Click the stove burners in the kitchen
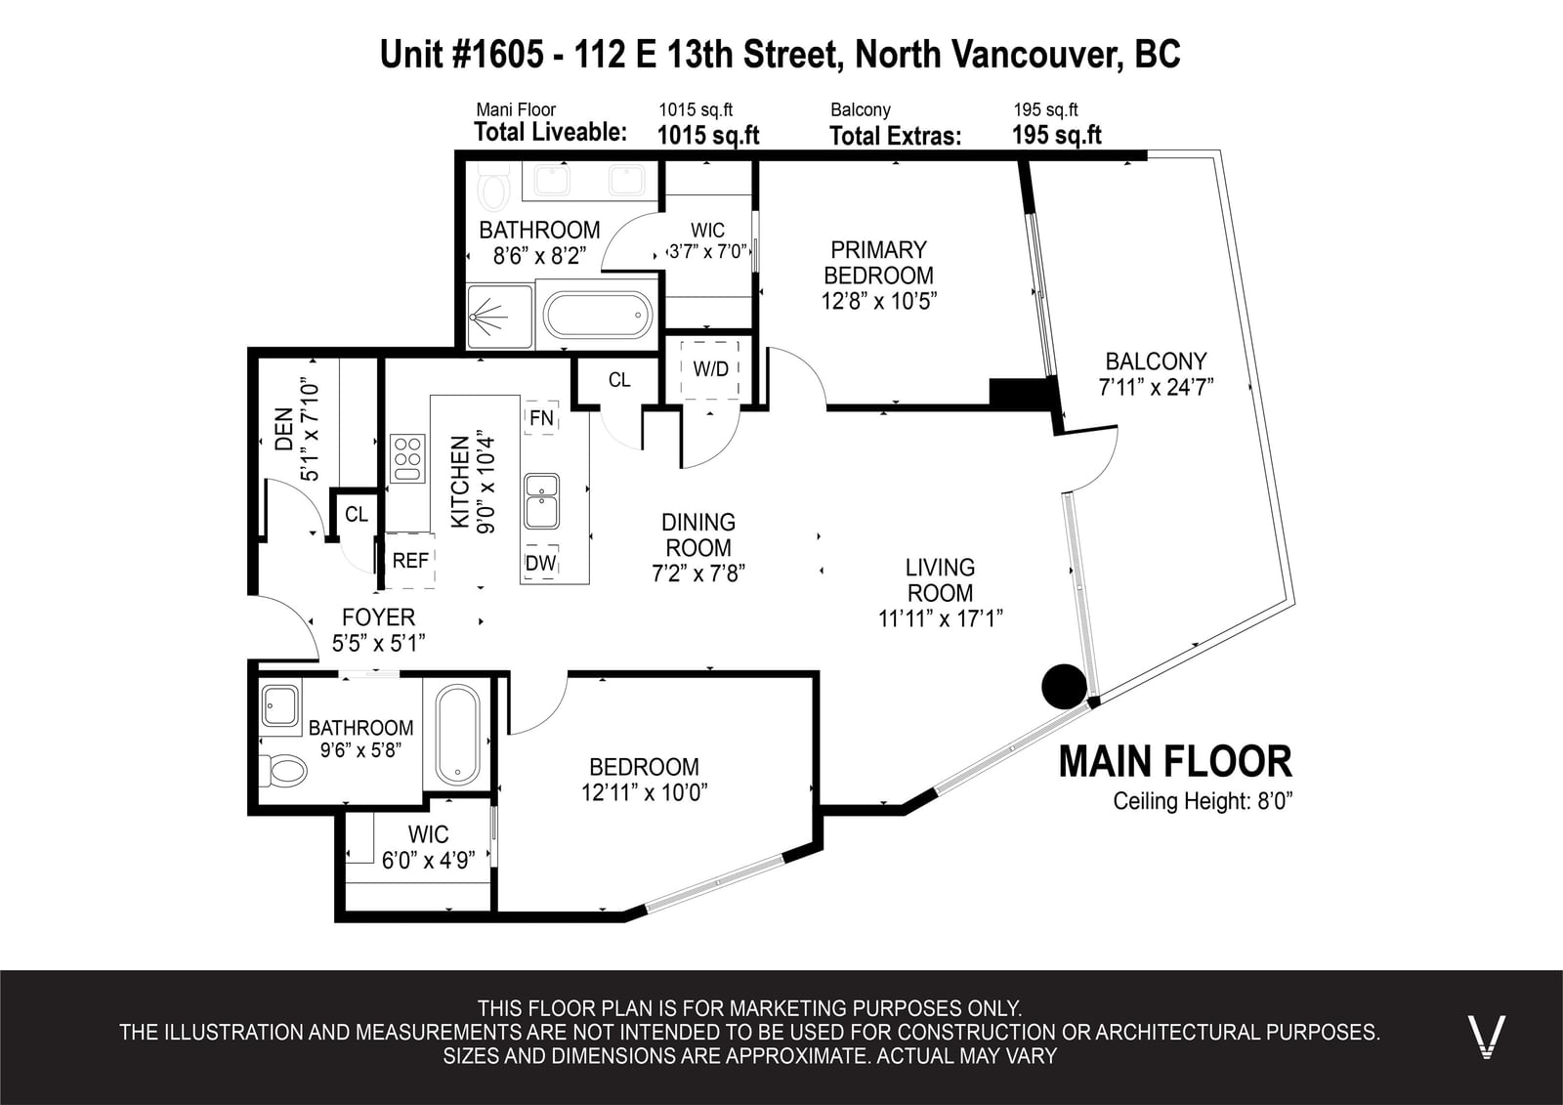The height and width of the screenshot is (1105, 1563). pyautogui.click(x=407, y=458)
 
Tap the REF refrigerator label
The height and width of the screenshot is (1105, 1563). pyautogui.click(x=410, y=561)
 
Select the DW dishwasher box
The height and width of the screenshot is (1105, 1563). pyautogui.click(x=541, y=563)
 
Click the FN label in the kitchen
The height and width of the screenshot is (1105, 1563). pyautogui.click(x=541, y=417)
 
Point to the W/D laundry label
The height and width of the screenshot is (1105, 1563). pyautogui.click(x=710, y=369)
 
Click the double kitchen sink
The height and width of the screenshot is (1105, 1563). pyautogui.click(x=541, y=501)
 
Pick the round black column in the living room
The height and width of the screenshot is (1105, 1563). pyautogui.click(x=1064, y=686)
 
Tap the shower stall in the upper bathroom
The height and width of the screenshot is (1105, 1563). pyautogui.click(x=499, y=317)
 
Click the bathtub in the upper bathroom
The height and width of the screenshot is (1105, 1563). pyautogui.click(x=598, y=316)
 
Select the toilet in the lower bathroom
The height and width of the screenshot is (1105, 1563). pyautogui.click(x=284, y=771)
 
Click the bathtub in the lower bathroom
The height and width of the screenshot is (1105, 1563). pyautogui.click(x=458, y=735)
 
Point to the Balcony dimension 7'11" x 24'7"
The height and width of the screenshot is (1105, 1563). pyautogui.click(x=1157, y=387)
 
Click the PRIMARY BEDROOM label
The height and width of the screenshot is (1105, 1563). pyautogui.click(x=878, y=263)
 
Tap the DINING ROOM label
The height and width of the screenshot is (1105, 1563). pyautogui.click(x=698, y=534)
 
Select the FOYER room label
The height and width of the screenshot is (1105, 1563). pyautogui.click(x=378, y=617)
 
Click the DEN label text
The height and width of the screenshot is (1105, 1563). pyautogui.click(x=283, y=429)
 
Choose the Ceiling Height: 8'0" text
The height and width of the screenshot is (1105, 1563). pyautogui.click(x=1203, y=800)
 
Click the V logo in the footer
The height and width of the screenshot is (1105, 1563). pyautogui.click(x=1486, y=1037)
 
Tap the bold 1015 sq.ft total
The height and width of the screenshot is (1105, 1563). pyautogui.click(x=708, y=135)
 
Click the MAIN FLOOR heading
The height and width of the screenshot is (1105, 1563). pyautogui.click(x=1176, y=761)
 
